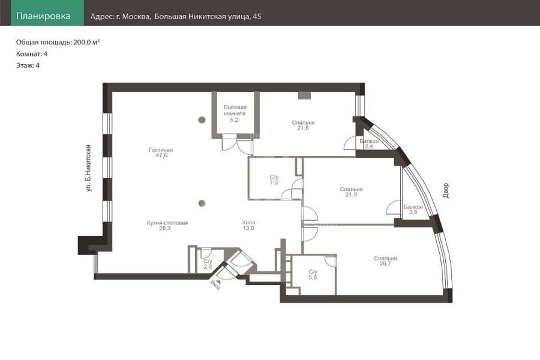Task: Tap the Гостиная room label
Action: pos(161,150)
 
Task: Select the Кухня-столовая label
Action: pos(167,223)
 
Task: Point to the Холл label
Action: pos(248,223)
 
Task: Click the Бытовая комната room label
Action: pos(235,110)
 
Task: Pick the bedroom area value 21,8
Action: pos(303,128)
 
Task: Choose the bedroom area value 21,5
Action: pos(351,194)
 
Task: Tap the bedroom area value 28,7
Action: pos(385,263)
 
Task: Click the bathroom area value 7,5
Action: pos(274,182)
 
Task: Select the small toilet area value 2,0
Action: pos(208,266)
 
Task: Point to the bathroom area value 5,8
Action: pos(313,277)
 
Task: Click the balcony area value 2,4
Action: pos(369,146)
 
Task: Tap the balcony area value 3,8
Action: pos(413,212)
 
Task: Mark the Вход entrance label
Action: pos(215,285)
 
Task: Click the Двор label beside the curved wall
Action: pos(446,190)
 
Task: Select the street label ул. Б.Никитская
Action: pos(89,168)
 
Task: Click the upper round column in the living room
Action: pos(202,120)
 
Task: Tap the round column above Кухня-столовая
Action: pos(202,203)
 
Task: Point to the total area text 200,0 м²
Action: pos(87,42)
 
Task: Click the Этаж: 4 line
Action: pos(28,65)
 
